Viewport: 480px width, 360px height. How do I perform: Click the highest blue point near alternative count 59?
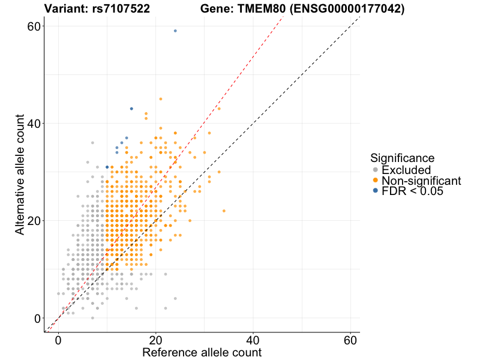point(175,31)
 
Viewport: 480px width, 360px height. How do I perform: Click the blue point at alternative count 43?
point(131,109)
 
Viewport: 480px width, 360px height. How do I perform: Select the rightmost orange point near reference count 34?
point(224,211)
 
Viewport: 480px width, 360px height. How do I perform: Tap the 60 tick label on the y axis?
point(34,26)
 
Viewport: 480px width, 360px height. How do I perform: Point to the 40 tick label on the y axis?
point(34,124)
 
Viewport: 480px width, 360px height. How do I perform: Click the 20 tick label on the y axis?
point(34,221)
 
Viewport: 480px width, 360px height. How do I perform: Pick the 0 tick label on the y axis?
point(37,318)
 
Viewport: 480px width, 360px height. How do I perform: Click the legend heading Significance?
point(402,158)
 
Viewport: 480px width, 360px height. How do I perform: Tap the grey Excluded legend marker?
point(375,170)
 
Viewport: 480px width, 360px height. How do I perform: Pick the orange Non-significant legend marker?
point(375,180)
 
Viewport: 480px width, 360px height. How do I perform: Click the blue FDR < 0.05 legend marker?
point(375,191)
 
